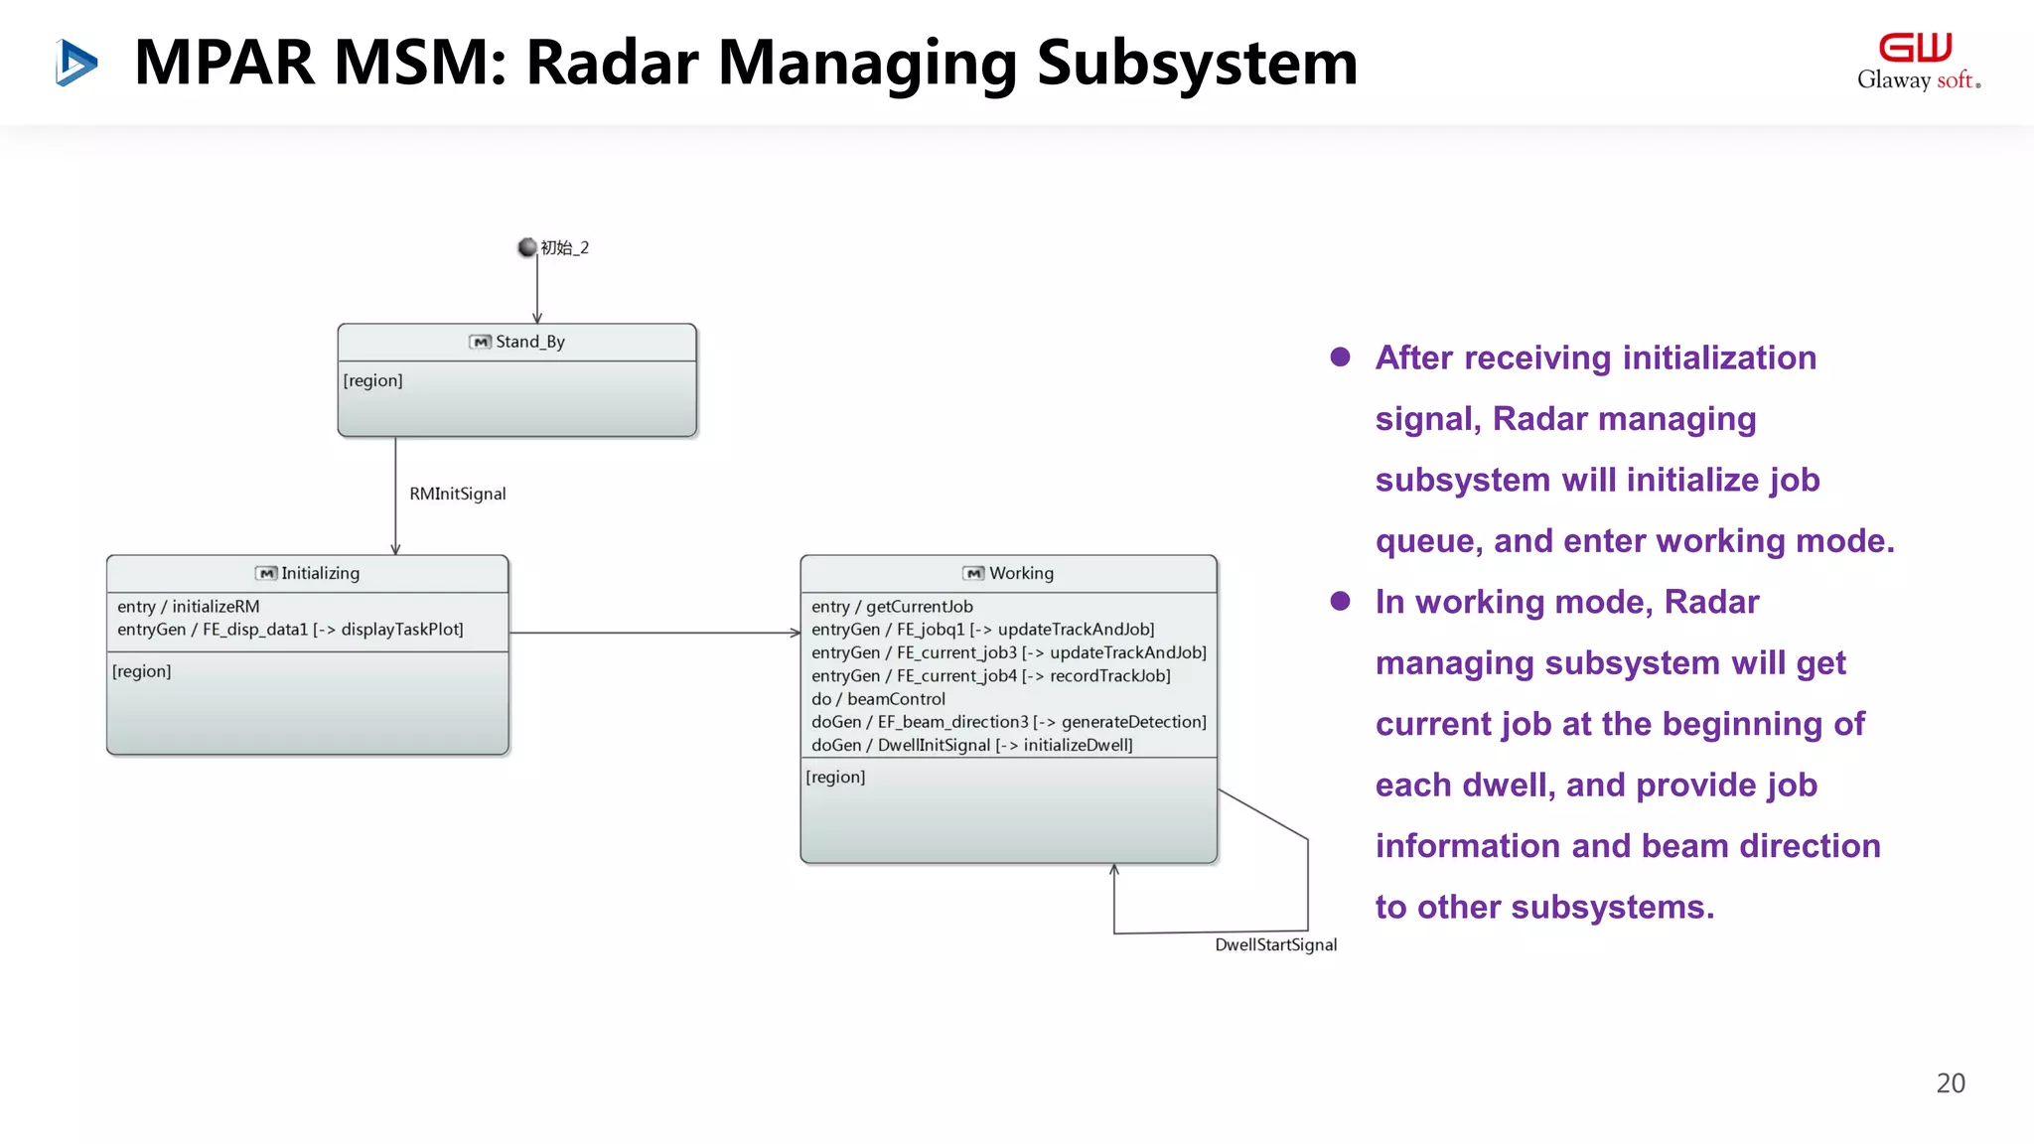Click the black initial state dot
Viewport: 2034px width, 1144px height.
click(x=527, y=247)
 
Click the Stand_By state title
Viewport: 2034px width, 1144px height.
click(x=529, y=342)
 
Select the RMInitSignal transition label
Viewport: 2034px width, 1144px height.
click(x=457, y=494)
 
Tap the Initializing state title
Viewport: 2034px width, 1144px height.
click(x=319, y=573)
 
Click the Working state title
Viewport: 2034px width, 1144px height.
click(x=1020, y=573)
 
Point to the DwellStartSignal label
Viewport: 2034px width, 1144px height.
click(x=1275, y=944)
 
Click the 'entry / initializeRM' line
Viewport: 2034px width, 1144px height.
click(x=188, y=606)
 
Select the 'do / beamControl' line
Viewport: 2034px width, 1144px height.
click(x=878, y=698)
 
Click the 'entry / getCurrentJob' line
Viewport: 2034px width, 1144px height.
click(x=892, y=606)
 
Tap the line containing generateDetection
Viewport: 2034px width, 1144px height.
click(x=1008, y=721)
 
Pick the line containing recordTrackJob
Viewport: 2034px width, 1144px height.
click(x=990, y=675)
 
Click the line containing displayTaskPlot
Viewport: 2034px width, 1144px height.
click(x=290, y=629)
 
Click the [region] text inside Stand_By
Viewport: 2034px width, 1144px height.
click(x=372, y=380)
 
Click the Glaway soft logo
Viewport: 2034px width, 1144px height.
click(x=1917, y=62)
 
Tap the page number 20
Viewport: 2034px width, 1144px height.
click(x=1950, y=1082)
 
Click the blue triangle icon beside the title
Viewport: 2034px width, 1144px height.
click(x=76, y=63)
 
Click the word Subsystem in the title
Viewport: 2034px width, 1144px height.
click(x=1197, y=63)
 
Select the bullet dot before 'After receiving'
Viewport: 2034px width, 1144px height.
click(x=1340, y=357)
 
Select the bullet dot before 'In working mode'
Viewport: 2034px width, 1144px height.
click(x=1340, y=601)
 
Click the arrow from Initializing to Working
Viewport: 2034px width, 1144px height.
click(x=654, y=633)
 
